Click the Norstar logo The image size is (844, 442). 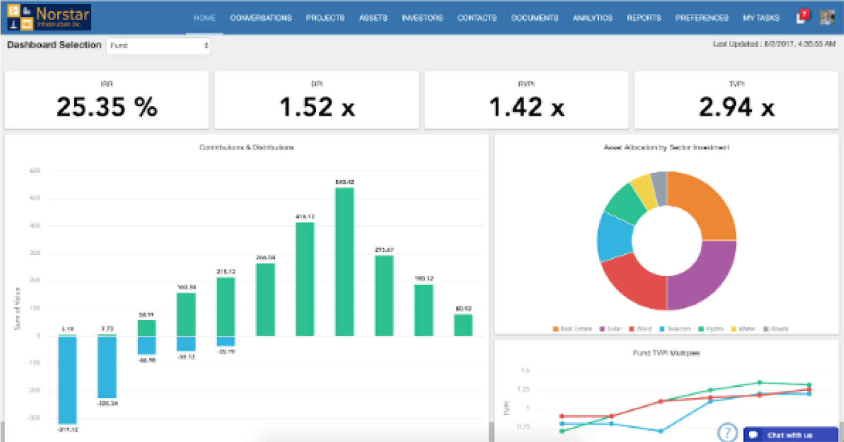[49, 17]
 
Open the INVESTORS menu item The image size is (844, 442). [422, 18]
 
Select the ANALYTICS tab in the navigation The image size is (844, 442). [592, 18]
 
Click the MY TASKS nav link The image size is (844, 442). [761, 18]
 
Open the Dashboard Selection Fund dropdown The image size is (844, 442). [158, 46]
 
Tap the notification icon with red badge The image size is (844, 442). [802, 17]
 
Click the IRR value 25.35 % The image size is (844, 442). [107, 107]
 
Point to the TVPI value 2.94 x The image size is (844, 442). [736, 107]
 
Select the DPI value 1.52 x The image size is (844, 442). [317, 107]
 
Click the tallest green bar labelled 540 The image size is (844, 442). [345, 262]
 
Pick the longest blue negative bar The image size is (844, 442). [68, 380]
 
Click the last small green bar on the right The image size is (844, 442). [463, 325]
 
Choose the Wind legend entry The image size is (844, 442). [641, 329]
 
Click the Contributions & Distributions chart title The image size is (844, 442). [247, 148]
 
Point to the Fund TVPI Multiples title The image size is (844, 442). [666, 353]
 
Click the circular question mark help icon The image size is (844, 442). [727, 432]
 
